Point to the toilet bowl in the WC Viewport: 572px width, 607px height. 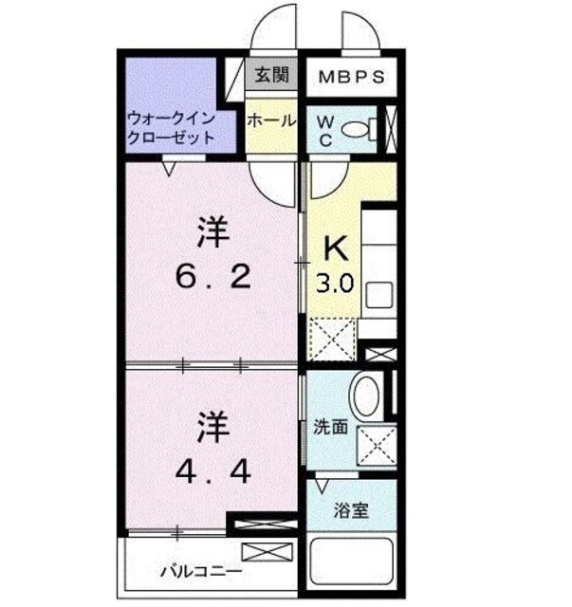point(356,131)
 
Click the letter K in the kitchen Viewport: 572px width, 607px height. point(337,249)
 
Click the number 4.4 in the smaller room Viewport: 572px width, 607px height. point(212,470)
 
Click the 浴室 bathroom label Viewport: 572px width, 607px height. point(350,512)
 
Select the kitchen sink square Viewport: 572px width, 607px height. point(379,294)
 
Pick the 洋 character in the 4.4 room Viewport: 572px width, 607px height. point(214,428)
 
